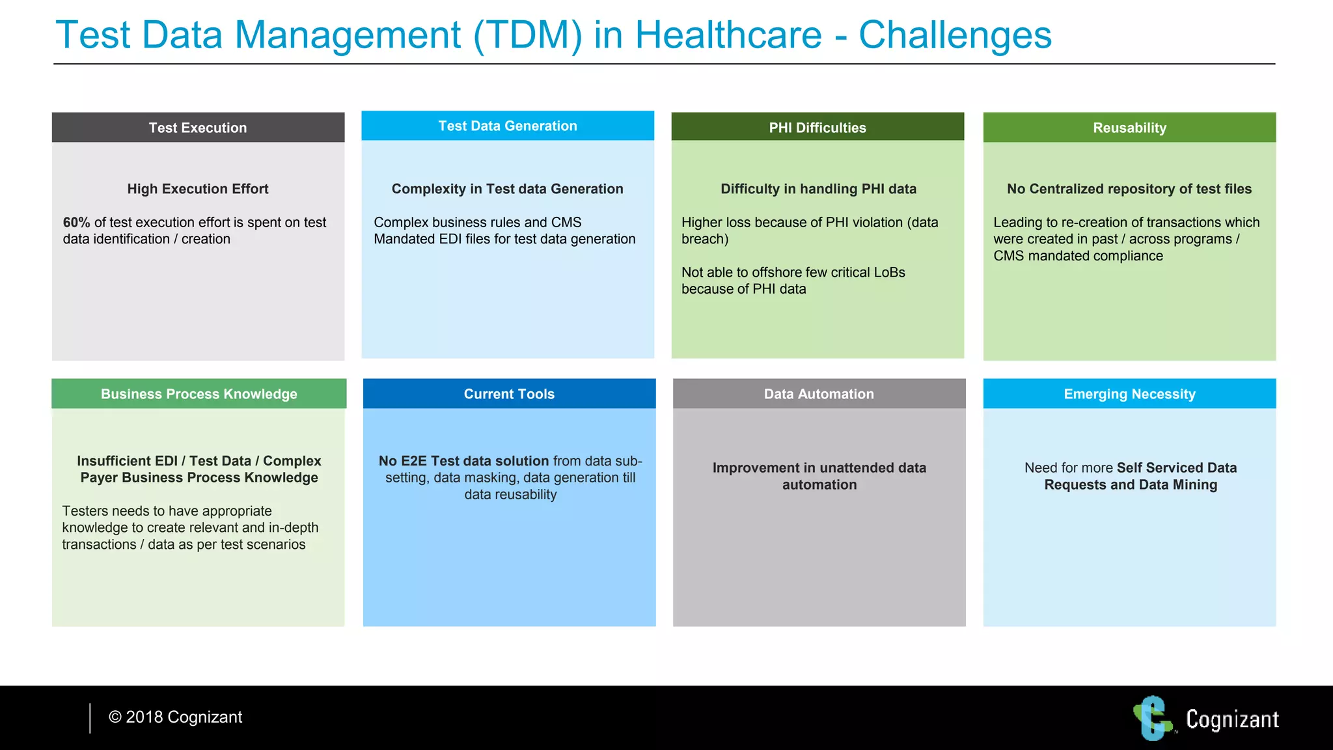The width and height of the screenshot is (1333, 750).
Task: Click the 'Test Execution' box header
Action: pyautogui.click(x=198, y=128)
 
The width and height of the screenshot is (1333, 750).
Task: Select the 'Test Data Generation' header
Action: pyautogui.click(x=508, y=126)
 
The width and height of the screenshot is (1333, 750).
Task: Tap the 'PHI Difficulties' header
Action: pyautogui.click(x=818, y=128)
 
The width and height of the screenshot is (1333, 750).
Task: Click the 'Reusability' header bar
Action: pyautogui.click(x=1129, y=128)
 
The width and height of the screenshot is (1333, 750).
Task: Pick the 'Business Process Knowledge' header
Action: pyautogui.click(x=199, y=394)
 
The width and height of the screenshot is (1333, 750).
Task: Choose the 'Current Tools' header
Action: pyautogui.click(x=509, y=394)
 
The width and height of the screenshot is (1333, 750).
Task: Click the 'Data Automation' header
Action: pyautogui.click(x=819, y=394)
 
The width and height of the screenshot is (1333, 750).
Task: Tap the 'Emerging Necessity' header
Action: pyautogui.click(x=1129, y=394)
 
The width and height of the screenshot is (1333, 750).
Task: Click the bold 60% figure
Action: pyautogui.click(x=76, y=223)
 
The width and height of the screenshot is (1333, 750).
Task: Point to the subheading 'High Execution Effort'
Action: pyautogui.click(x=198, y=189)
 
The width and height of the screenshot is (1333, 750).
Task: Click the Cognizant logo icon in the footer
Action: pyautogui.click(x=1153, y=718)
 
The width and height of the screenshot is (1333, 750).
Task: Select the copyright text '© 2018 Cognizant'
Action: pyautogui.click(x=176, y=717)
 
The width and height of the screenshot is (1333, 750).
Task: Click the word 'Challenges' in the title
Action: pyautogui.click(x=955, y=35)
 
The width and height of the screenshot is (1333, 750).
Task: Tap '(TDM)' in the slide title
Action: pyautogui.click(x=527, y=35)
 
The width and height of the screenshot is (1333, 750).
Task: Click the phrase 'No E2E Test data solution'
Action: pyautogui.click(x=463, y=461)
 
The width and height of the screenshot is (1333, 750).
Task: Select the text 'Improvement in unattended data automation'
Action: pyautogui.click(x=819, y=476)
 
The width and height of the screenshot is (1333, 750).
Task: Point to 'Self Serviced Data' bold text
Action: pyautogui.click(x=1176, y=467)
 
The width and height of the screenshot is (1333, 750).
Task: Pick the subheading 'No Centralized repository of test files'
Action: pyautogui.click(x=1129, y=189)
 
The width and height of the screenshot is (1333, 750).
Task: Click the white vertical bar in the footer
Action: pyautogui.click(x=90, y=718)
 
